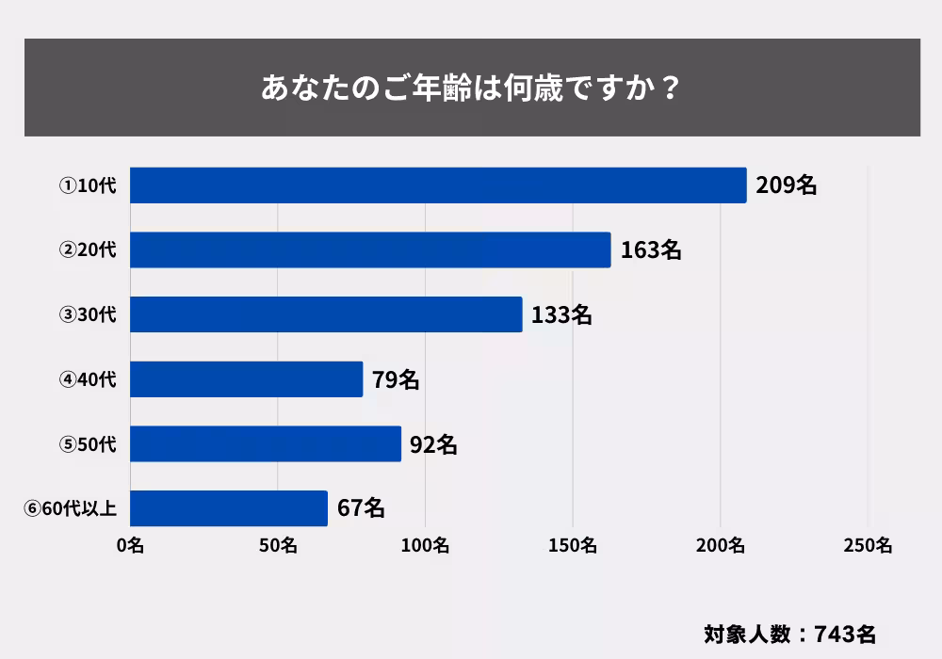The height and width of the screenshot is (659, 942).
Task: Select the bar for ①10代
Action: [x=438, y=185]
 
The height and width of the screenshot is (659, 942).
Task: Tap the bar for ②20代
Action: [x=370, y=250]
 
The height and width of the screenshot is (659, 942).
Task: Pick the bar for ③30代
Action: [x=326, y=314]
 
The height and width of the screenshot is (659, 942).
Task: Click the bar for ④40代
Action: [x=246, y=379]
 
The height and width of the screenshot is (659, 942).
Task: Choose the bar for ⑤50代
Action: [x=266, y=443]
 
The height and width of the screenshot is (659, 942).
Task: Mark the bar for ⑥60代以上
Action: [x=229, y=508]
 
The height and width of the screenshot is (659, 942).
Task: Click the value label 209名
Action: [x=787, y=185]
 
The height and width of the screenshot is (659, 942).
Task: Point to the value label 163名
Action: [x=651, y=250]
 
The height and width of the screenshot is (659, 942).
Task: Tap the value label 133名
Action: [x=561, y=314]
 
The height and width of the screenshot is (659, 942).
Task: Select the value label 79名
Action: [x=396, y=379]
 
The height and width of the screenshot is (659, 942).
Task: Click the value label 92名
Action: [x=434, y=443]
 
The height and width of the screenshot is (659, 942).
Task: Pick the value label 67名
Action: [x=361, y=508]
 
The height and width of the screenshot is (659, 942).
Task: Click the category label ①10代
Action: [x=88, y=186]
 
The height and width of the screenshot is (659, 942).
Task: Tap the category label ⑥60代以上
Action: [x=71, y=509]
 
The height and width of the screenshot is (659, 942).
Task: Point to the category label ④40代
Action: [x=88, y=380]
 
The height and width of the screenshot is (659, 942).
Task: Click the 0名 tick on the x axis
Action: [x=130, y=545]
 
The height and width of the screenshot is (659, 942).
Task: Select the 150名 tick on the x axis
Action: [x=573, y=545]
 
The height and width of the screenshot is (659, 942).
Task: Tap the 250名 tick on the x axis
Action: [x=869, y=545]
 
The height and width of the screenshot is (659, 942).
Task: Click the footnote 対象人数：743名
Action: [x=790, y=633]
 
